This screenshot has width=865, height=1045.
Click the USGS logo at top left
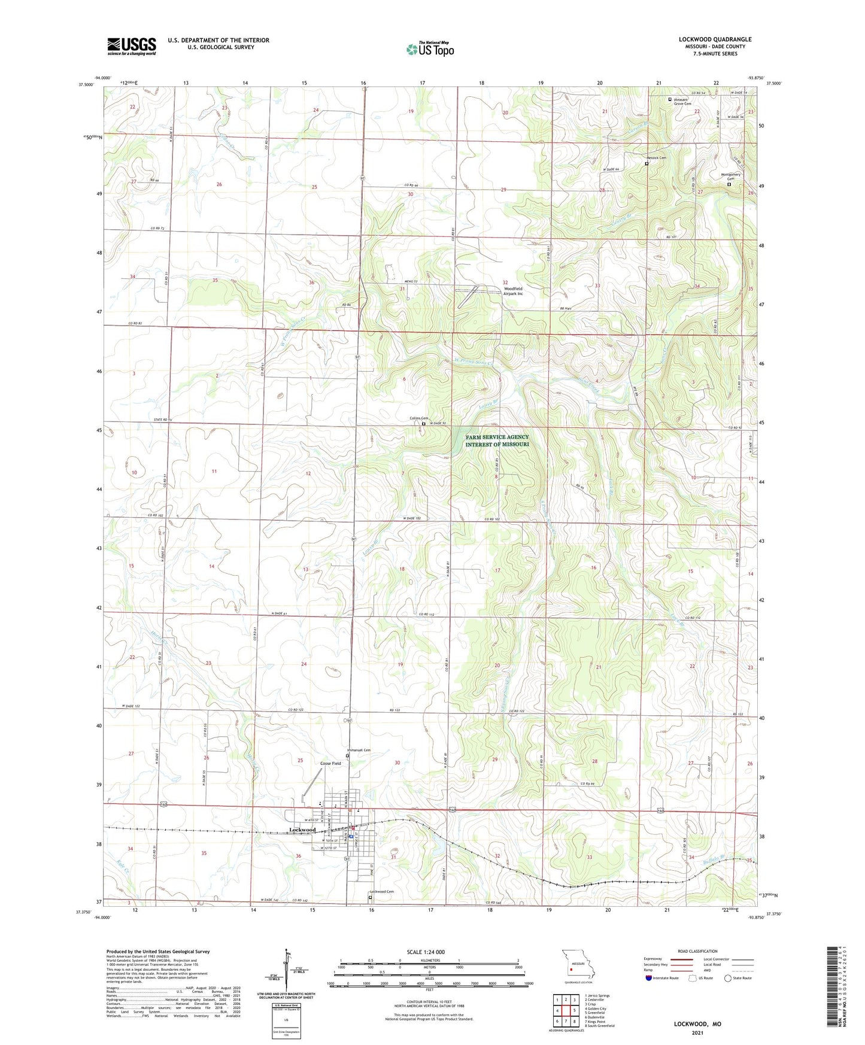pos(132,46)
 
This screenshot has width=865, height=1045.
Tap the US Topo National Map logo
pos(430,49)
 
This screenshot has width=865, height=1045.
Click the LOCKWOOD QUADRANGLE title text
pos(715,40)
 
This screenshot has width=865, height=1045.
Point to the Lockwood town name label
pos(302,830)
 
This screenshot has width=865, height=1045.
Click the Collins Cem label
pos(418,418)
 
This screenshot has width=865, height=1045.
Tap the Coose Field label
pos(330,764)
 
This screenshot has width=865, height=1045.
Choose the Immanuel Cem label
pos(359,751)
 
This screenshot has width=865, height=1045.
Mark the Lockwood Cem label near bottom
pos(382,892)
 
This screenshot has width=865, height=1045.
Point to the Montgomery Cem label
pos(731,177)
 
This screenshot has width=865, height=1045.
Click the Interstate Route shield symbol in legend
pos(649,978)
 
